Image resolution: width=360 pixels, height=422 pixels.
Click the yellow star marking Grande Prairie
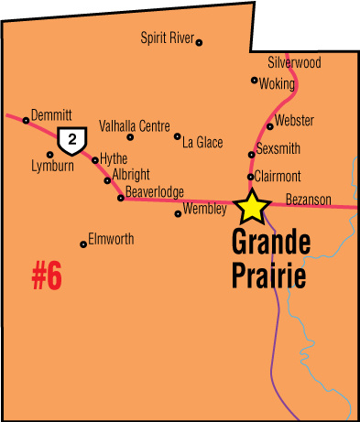pos(250,208)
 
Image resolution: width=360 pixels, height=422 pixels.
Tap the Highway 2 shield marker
pos(70,140)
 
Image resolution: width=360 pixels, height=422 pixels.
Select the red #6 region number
pos(47,276)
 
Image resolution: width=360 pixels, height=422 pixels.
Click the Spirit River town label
pos(168,38)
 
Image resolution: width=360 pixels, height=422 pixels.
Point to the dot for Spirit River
pos(200,42)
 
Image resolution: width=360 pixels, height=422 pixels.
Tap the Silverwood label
pos(294,63)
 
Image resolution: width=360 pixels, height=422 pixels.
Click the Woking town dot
pos(255,80)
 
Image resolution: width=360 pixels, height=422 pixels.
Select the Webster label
pos(294,121)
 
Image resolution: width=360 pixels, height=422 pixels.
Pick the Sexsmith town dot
pos(252,154)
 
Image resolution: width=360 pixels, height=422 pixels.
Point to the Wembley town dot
pos(178,214)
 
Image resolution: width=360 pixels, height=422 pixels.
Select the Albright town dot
pos(107,179)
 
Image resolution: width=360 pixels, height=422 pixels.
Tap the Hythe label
pos(114,158)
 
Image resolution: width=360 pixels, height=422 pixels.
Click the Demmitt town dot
pos(26,120)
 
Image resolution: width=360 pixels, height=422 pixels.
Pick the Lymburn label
pos(51,167)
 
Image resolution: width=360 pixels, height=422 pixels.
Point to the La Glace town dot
pos(178,136)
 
